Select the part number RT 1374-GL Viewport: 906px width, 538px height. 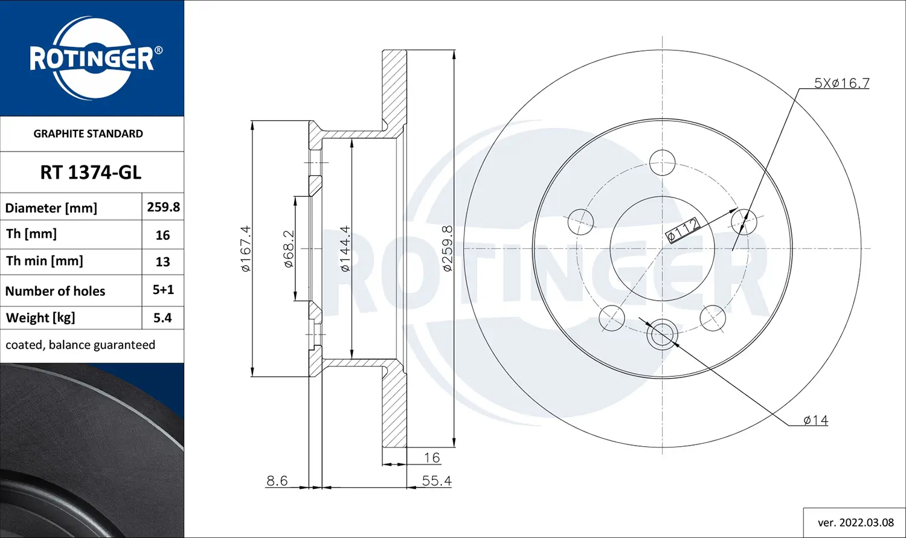tap(91, 173)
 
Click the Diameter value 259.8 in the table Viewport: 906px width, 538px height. tap(163, 207)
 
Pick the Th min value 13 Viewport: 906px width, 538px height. tap(162, 262)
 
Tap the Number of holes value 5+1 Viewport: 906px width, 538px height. tap(163, 290)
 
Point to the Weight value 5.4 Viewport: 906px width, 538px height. tap(162, 318)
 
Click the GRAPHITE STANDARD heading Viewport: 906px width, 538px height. tap(88, 134)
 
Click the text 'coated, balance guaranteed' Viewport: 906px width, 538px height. tap(80, 345)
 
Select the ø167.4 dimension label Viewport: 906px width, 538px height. tap(245, 248)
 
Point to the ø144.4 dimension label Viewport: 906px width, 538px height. tap(344, 248)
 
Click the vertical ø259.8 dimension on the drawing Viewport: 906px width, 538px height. tap(447, 248)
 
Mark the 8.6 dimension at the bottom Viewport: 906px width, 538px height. tap(277, 481)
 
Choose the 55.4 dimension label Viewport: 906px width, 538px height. tap(437, 481)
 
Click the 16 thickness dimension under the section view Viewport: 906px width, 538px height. tap(432, 458)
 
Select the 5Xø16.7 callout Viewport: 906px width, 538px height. tap(841, 83)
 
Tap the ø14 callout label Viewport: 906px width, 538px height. tap(815, 420)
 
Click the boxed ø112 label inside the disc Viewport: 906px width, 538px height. tap(683, 229)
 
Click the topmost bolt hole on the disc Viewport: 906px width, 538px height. tap(663, 162)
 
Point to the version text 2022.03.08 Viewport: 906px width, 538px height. tap(855, 522)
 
